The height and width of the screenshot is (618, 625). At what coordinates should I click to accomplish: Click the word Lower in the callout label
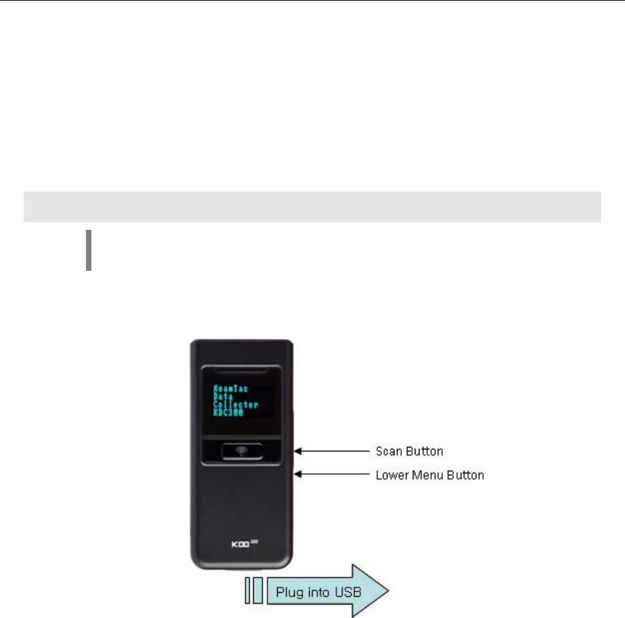(x=391, y=475)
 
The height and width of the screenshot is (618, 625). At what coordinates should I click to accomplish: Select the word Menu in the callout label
(x=422, y=475)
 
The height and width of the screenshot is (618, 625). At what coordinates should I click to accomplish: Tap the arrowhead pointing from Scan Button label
(x=297, y=451)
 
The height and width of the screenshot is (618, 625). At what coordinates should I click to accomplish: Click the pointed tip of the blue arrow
(x=388, y=590)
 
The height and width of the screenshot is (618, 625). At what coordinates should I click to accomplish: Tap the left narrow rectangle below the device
(x=248, y=590)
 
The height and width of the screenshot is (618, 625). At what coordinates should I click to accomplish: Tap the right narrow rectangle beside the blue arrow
(x=257, y=590)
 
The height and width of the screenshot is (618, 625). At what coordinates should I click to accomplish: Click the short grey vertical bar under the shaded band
(x=89, y=250)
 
